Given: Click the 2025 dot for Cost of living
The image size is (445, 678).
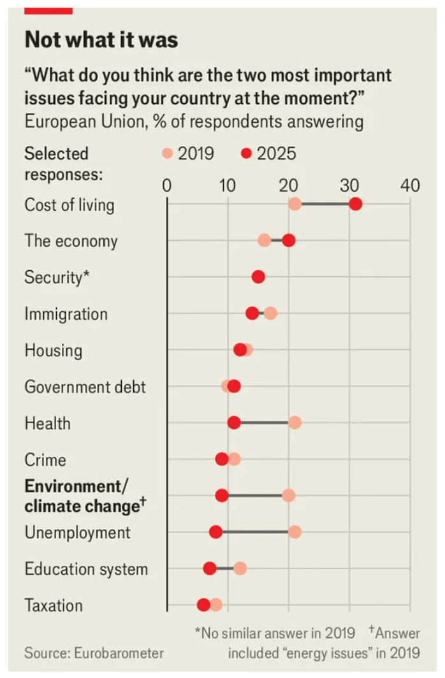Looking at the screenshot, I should [356, 204].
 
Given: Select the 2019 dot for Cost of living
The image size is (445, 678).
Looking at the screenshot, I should [295, 204].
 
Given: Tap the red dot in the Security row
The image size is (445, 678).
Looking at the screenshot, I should [258, 277].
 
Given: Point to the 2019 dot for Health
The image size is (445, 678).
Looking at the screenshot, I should [295, 422].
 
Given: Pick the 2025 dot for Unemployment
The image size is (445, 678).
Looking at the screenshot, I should [215, 532].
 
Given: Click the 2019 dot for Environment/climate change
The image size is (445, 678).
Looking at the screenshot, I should [289, 496].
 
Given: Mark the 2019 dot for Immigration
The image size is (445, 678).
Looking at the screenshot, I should [270, 314].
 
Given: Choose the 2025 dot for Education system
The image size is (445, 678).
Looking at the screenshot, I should [210, 568].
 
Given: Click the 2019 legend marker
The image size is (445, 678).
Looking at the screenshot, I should [168, 154].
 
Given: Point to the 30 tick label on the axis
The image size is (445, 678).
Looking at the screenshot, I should [349, 185].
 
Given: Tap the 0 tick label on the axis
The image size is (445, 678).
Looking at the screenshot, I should [166, 185].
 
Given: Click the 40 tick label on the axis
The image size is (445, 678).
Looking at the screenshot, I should [410, 185].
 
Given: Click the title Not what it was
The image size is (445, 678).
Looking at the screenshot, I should [101, 40].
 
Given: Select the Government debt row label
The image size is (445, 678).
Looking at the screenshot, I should [85, 387].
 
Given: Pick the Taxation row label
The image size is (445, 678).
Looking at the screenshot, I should [54, 605].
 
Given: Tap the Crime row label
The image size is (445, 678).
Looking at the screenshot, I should [45, 459].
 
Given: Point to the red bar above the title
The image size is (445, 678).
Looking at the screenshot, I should [48, 11].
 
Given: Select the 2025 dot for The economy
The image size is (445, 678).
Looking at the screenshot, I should [289, 240].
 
